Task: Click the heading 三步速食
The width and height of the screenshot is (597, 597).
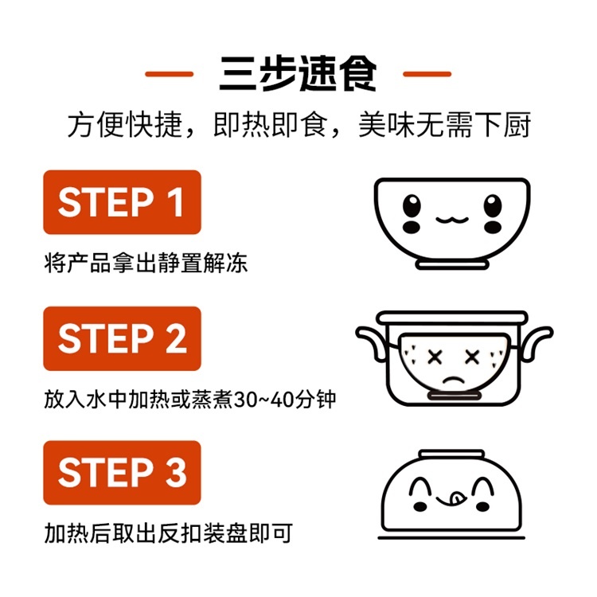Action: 298,73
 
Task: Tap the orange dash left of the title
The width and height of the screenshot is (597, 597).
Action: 169,74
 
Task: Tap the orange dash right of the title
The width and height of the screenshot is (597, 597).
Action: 427,74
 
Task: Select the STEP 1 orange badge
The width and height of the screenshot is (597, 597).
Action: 123,202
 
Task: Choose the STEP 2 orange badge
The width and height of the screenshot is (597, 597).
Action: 123,338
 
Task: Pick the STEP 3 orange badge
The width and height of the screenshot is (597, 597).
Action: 123,473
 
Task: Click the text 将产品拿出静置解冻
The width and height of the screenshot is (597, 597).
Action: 146,263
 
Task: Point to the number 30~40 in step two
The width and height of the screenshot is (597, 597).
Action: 263,400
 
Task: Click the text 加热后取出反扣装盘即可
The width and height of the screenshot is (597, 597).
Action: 169,533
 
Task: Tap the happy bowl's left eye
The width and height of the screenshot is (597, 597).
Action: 412,205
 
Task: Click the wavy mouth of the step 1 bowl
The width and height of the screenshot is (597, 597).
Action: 452,220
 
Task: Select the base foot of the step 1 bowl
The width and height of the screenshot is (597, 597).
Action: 452,264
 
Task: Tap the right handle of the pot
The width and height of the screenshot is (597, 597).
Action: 537,341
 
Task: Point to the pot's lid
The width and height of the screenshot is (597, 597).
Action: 452,317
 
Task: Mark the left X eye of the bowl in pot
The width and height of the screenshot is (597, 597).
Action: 435,357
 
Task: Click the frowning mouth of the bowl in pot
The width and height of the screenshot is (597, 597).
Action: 453,380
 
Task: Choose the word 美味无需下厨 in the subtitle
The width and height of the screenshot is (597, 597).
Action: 444,125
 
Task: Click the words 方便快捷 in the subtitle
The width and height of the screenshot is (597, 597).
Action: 124,125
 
